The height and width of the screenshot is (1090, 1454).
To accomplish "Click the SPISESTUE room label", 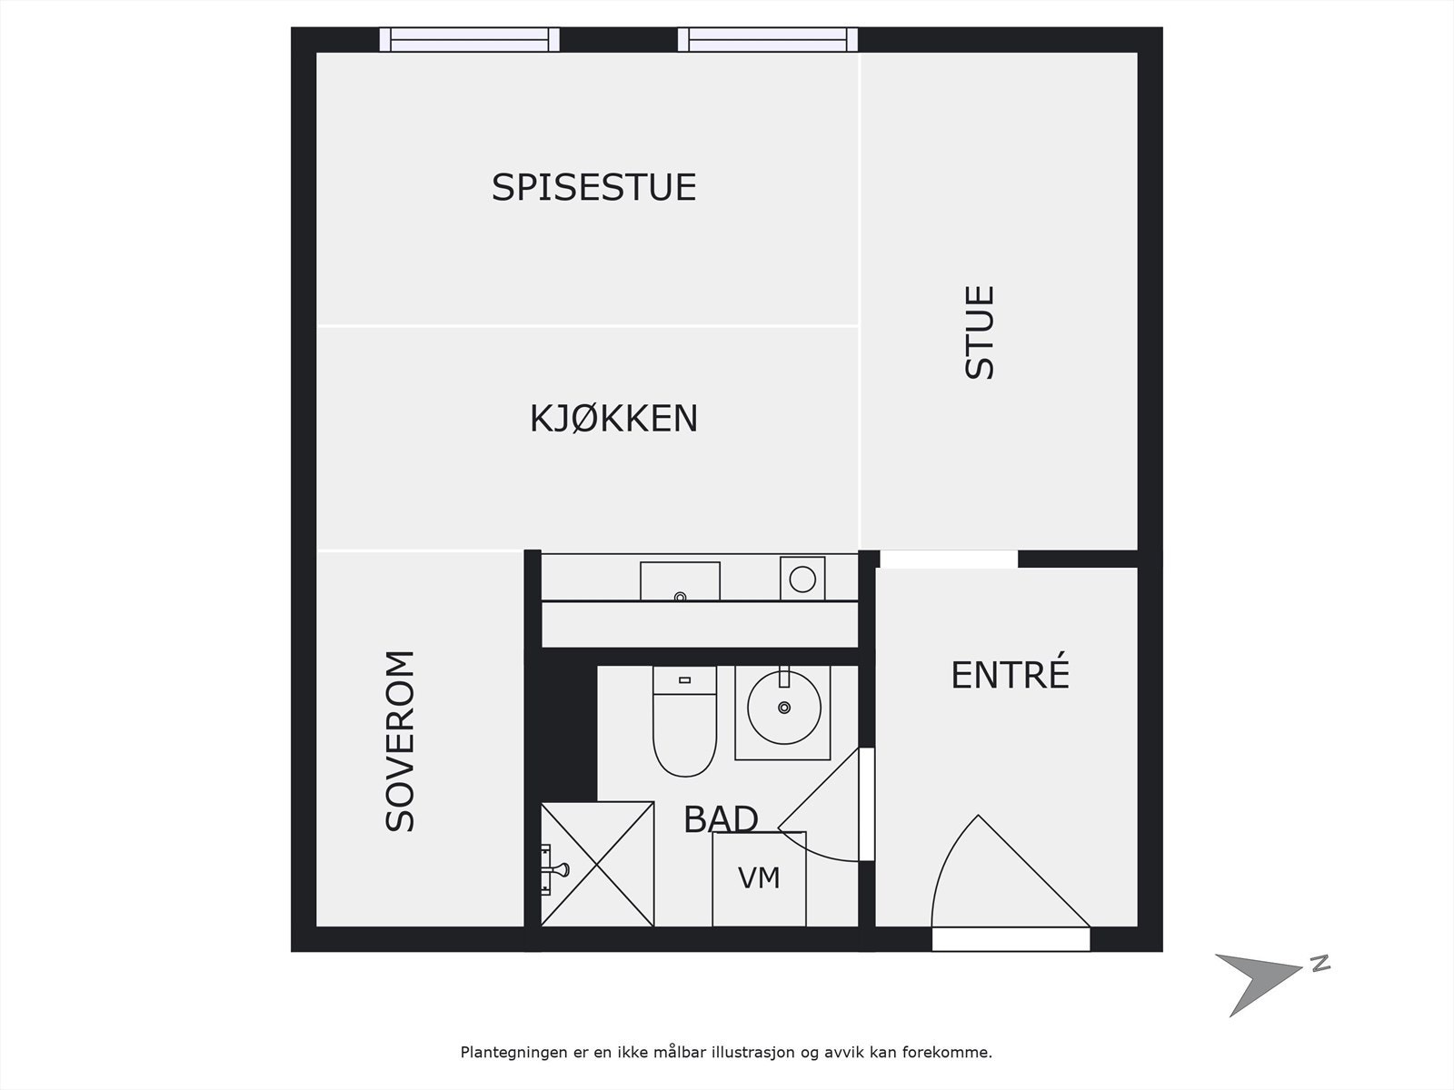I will [593, 187].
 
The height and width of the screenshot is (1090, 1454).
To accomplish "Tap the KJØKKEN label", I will [613, 419].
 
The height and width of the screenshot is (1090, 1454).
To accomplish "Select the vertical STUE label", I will [981, 332].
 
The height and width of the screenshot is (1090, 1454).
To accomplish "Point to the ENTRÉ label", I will [1010, 675].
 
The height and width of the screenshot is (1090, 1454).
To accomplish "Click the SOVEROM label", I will [401, 741].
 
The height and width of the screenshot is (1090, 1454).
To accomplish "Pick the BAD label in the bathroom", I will [720, 819].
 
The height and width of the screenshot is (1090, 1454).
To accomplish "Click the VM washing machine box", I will [759, 878].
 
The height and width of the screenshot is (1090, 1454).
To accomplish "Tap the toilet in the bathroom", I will [684, 721].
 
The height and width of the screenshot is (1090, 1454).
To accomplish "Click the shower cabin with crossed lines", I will [597, 864].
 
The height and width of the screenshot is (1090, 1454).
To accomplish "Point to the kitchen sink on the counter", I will [680, 581].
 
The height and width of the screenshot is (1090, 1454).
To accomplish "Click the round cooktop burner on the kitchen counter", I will [802, 579].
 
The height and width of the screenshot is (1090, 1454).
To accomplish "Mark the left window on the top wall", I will [469, 39].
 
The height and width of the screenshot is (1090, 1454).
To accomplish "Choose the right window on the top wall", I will [768, 39].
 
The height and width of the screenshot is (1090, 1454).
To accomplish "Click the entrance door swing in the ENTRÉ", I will [1000, 877].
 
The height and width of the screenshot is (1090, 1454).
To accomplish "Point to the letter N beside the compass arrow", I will [1320, 964].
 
